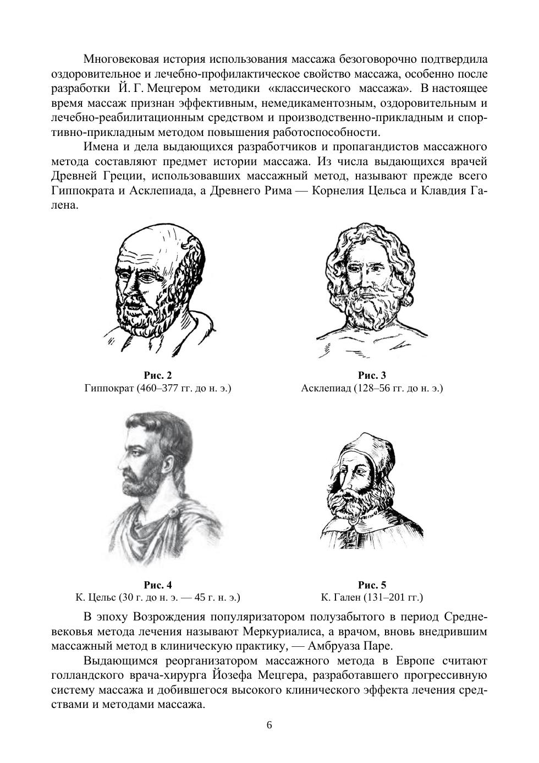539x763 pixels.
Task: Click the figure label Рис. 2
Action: (158, 375)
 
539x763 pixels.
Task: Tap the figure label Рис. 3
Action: (372, 375)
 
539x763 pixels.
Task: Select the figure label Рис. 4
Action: (158, 585)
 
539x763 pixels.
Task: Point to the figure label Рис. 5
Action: (372, 585)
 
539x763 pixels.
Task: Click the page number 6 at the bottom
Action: (269, 724)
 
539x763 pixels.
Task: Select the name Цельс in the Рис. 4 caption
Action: (102, 597)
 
